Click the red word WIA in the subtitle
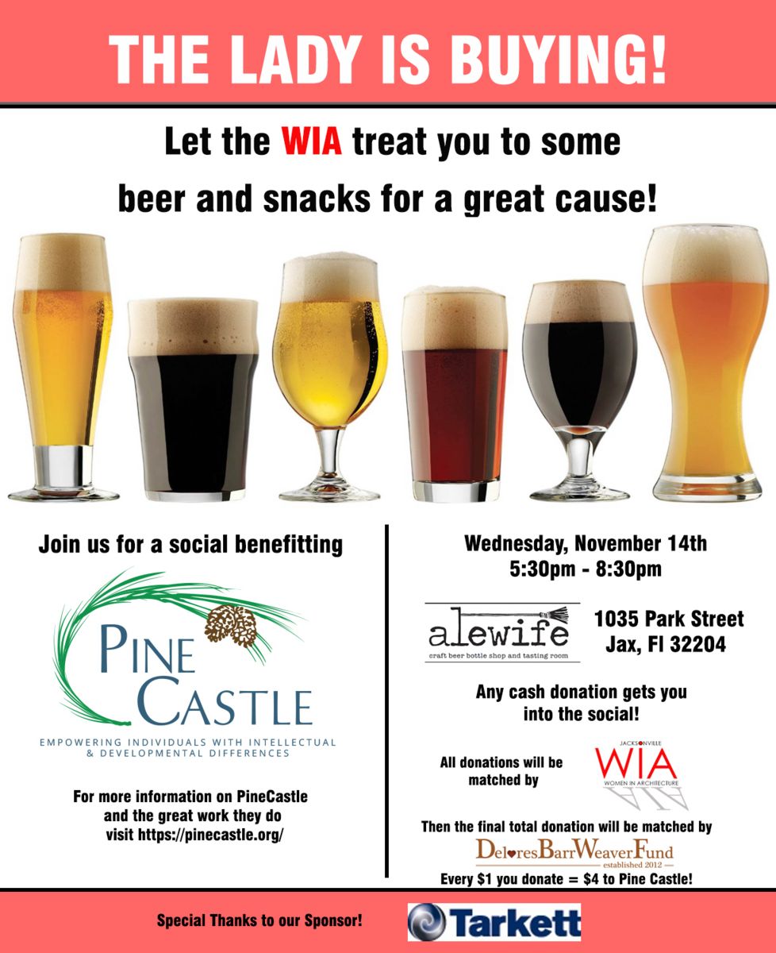click(x=312, y=141)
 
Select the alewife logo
click(x=502, y=632)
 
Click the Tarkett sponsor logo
click(x=494, y=922)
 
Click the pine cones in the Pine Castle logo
click(x=231, y=626)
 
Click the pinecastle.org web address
click(x=210, y=835)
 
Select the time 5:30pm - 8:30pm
click(x=585, y=569)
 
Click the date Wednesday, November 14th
click(x=586, y=544)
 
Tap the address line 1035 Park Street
click(x=669, y=619)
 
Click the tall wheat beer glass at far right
click(x=705, y=362)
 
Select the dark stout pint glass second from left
click(x=193, y=399)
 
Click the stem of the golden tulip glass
click(x=330, y=454)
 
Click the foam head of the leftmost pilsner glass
click(x=62, y=262)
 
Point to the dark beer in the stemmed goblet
click(x=579, y=373)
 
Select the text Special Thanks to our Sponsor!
click(x=259, y=920)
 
